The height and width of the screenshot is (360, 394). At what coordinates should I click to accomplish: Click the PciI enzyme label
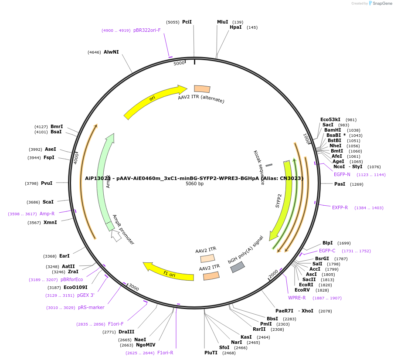[187, 22]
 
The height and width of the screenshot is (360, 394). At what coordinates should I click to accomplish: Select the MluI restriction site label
[222, 22]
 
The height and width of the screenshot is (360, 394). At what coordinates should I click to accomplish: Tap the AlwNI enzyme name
[111, 52]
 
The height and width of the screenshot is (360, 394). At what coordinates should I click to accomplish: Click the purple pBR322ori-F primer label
[147, 31]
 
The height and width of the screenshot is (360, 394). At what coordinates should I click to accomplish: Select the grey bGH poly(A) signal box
[238, 267]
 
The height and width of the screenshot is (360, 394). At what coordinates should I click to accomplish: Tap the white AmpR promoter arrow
[116, 235]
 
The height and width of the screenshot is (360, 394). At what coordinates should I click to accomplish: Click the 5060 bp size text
[194, 183]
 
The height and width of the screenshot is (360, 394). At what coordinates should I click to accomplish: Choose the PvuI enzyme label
[47, 183]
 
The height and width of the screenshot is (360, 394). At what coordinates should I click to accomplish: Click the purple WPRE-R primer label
[297, 298]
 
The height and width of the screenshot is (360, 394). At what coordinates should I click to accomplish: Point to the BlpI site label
[328, 243]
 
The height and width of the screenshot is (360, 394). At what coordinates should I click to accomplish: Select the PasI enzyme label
[340, 184]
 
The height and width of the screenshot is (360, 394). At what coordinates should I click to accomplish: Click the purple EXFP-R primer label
[340, 207]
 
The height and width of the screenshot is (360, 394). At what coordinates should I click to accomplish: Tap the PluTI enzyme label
[211, 353]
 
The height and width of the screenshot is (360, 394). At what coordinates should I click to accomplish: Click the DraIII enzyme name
[126, 332]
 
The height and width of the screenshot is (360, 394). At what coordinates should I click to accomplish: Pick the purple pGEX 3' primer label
[86, 295]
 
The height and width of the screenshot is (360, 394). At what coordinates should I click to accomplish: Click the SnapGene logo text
[382, 3]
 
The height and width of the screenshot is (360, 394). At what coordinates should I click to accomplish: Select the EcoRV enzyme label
[302, 290]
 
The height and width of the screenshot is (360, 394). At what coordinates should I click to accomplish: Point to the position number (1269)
[357, 184]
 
